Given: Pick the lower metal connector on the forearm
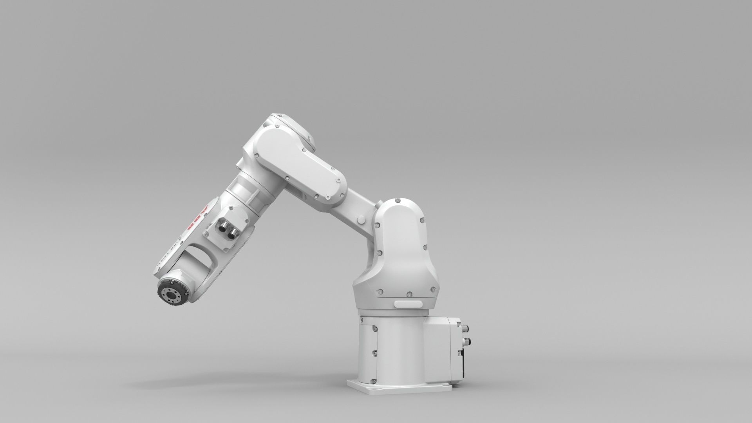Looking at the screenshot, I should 233,233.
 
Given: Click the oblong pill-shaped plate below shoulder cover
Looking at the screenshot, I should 408,304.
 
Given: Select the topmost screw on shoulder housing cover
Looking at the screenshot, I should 398,201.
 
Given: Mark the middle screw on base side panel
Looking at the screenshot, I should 375,354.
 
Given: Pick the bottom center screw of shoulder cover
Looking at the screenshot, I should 409,294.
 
